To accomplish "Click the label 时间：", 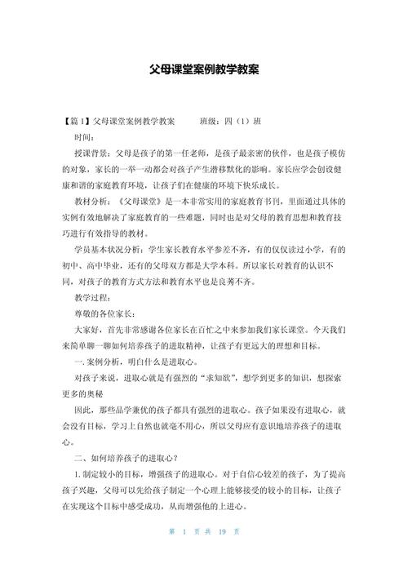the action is [86, 136].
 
